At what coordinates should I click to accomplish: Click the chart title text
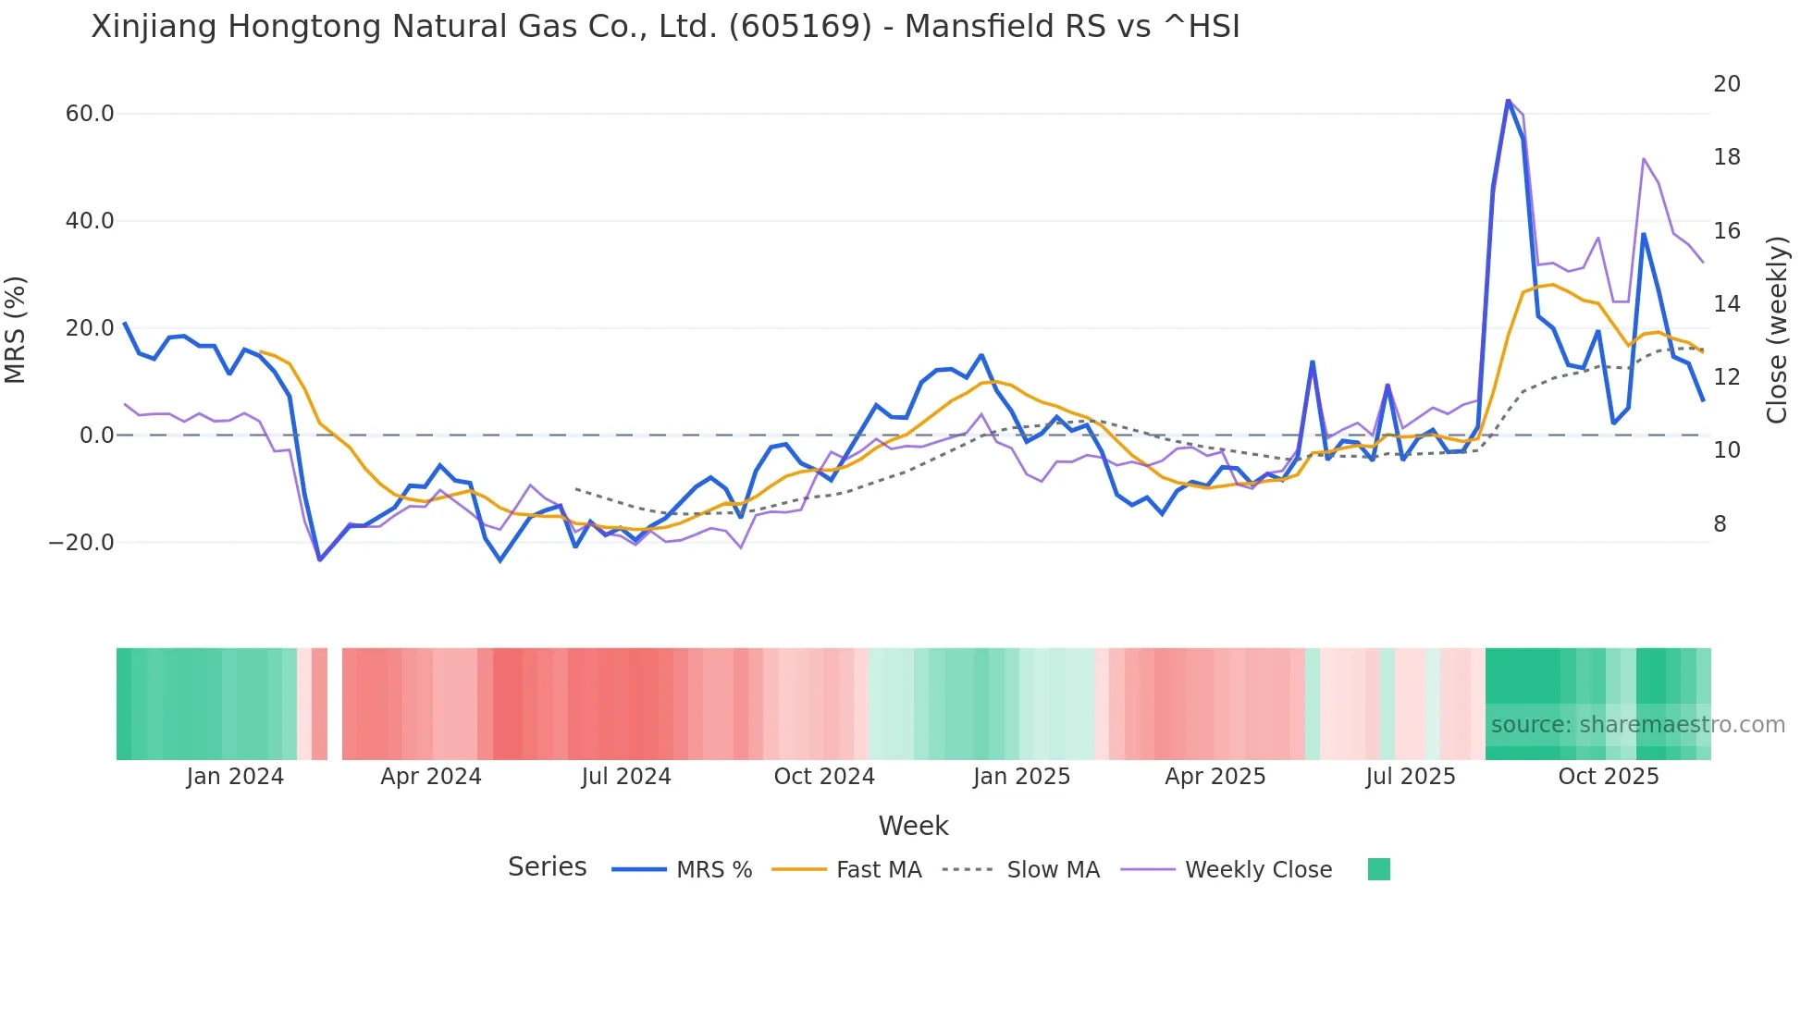[x=665, y=27]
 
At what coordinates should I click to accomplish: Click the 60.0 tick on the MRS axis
[x=90, y=114]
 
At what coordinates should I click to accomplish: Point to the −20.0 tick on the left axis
[x=81, y=543]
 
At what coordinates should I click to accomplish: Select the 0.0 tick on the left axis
[x=97, y=436]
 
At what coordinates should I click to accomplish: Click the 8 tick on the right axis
[x=1720, y=524]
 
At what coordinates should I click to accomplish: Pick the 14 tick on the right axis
[x=1726, y=304]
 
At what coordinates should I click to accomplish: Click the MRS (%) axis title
[x=16, y=329]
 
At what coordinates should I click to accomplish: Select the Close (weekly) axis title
[x=1777, y=330]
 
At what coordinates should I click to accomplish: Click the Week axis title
[x=913, y=826]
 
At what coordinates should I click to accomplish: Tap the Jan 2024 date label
[x=235, y=777]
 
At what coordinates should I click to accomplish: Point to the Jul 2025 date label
[x=1411, y=777]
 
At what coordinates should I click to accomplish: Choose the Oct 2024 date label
[x=824, y=777]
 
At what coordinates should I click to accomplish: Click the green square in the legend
[x=1378, y=869]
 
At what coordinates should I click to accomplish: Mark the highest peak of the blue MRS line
[x=1508, y=101]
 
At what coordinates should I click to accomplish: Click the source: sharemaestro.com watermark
[x=1637, y=725]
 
